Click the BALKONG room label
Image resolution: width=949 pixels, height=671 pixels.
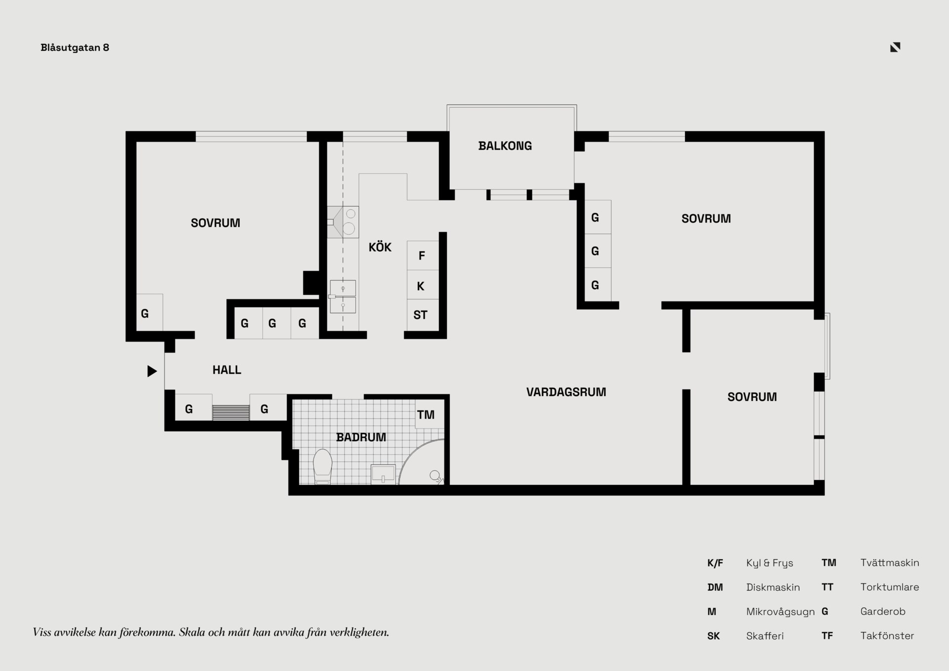(505, 146)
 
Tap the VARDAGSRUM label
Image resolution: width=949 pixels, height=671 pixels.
(566, 392)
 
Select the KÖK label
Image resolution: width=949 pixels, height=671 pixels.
(380, 247)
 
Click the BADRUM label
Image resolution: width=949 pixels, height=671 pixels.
(361, 437)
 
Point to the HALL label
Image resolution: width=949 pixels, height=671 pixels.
(227, 370)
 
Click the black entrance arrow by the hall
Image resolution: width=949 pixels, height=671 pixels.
(152, 371)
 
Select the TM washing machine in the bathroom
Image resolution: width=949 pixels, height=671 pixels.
(430, 414)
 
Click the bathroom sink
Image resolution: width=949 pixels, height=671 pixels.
(383, 474)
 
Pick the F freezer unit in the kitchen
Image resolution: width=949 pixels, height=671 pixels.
(423, 255)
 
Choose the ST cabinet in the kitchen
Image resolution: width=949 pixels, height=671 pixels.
(423, 314)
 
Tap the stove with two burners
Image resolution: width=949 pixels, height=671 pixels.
(343, 222)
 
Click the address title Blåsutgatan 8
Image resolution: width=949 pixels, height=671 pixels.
(75, 47)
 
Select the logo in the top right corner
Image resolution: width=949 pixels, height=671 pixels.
(895, 47)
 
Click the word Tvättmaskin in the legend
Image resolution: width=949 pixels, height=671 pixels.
(890, 563)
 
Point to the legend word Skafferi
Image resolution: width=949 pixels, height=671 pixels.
(765, 636)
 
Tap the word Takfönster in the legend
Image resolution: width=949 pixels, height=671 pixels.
(887, 636)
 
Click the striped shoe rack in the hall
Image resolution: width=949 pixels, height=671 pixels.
(231, 413)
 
